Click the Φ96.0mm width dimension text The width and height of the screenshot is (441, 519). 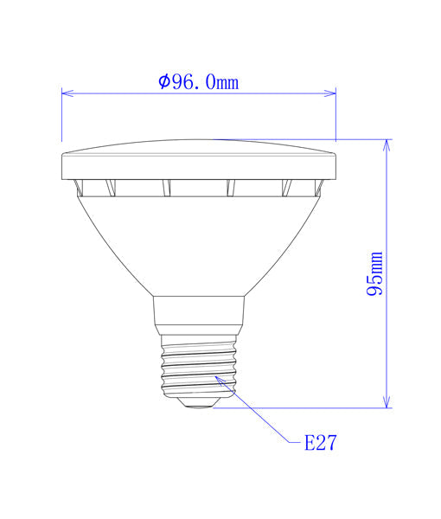click(x=198, y=82)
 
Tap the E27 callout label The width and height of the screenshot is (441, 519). click(x=319, y=444)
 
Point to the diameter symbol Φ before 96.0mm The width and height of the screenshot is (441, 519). click(x=165, y=82)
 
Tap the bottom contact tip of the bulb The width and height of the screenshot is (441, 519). click(x=199, y=403)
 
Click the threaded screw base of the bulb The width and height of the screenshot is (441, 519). click(x=198, y=368)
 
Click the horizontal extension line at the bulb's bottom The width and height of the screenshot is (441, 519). click(x=303, y=407)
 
